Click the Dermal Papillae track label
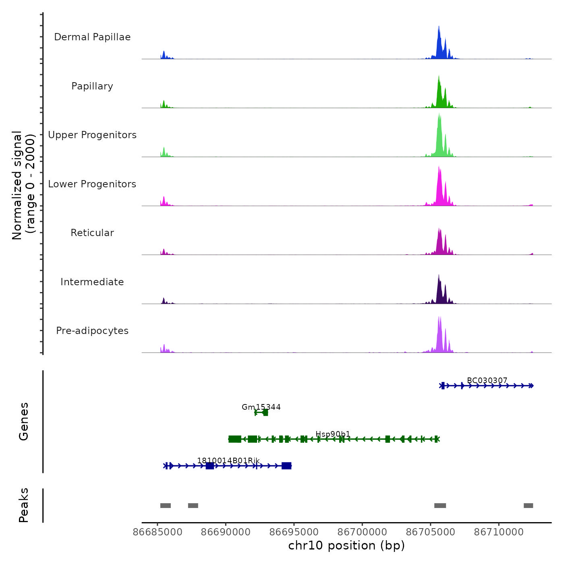coord(92,37)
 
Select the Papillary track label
coord(92,86)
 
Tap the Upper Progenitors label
coord(92,135)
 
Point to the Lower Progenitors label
coord(92,184)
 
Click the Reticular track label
coord(92,233)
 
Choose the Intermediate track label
coord(92,282)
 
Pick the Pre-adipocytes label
coord(92,331)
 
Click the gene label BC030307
coord(487,380)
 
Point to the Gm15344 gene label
coord(261,407)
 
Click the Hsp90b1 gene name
coord(333,434)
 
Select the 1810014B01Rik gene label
coord(228,460)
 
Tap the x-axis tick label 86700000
coord(362,532)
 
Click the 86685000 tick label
coord(158,532)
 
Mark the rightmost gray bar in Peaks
coord(528,506)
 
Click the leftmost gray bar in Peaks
coord(166,506)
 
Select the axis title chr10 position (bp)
coord(346,545)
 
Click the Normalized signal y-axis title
coord(23,185)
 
